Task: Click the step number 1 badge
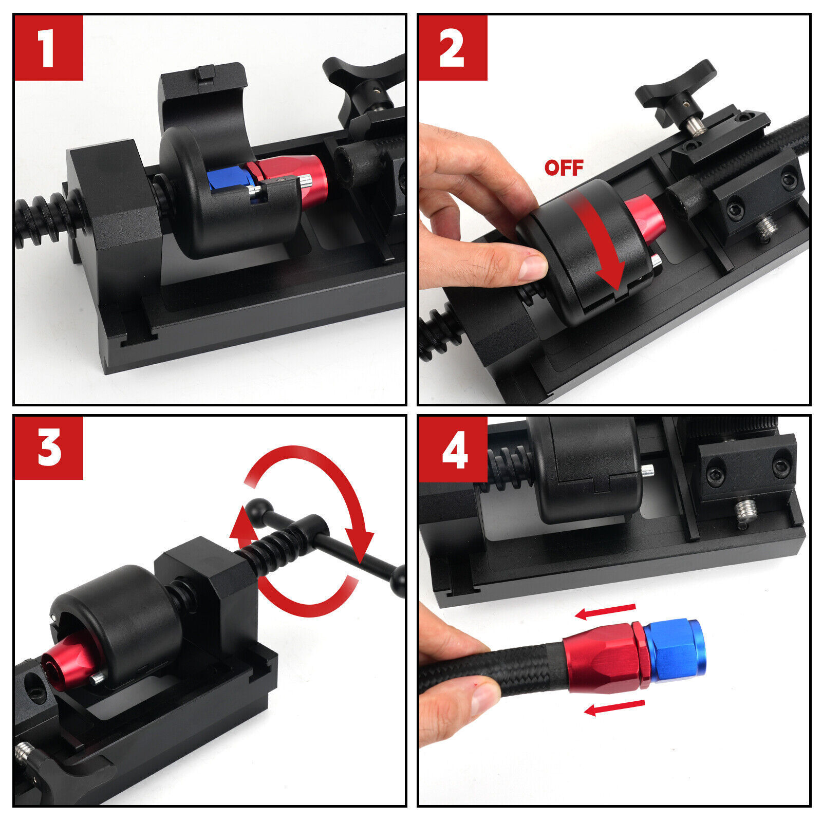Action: click(48, 48)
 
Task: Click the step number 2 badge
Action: click(452, 48)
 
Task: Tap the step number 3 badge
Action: click(48, 448)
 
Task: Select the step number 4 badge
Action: click(452, 449)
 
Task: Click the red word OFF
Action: click(564, 167)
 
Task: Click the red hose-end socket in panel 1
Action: click(298, 177)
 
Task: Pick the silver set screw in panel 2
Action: click(767, 229)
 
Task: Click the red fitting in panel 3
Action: click(67, 663)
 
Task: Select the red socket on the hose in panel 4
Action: click(599, 658)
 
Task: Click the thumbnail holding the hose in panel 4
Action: click(483, 699)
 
